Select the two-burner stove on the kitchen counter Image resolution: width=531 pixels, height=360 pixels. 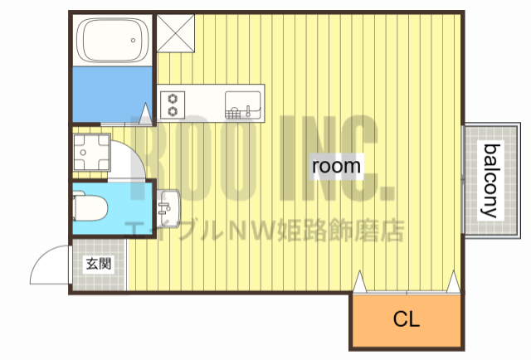[x=173, y=103]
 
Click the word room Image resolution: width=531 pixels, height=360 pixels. [x=336, y=166]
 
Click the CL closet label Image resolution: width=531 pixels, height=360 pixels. [x=407, y=319]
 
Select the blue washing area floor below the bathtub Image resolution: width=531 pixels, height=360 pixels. [x=112, y=94]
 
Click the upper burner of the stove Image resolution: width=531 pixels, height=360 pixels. [x=173, y=95]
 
